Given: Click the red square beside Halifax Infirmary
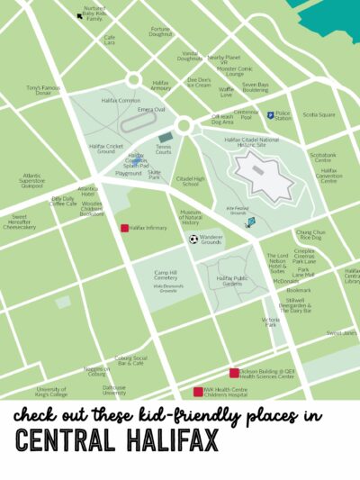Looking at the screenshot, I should [125, 228].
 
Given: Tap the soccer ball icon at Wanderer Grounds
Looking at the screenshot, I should [193, 240].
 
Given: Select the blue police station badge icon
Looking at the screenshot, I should [270, 115].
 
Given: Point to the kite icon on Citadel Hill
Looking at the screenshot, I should [251, 222].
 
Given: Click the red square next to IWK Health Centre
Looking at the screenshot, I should [199, 392].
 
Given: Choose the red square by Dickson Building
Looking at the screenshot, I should [234, 372].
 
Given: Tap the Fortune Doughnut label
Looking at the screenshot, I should [160, 32].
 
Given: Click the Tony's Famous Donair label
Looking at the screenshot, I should [42, 90].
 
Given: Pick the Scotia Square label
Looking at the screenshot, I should [319, 114].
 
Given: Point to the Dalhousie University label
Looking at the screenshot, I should [114, 392].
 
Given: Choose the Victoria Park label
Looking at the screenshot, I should [270, 322].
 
